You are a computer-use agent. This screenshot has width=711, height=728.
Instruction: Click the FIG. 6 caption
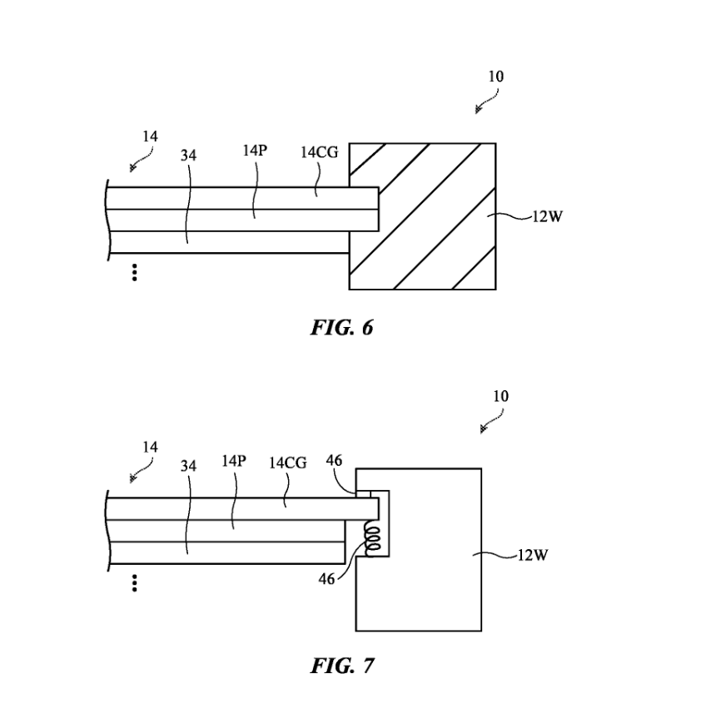tap(341, 328)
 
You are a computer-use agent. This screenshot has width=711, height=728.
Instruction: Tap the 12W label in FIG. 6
tap(546, 218)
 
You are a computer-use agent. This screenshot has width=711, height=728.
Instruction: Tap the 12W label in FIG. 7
tap(533, 555)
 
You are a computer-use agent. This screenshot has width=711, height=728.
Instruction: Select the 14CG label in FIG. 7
tap(287, 463)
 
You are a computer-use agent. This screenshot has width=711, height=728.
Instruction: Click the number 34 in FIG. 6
tap(188, 156)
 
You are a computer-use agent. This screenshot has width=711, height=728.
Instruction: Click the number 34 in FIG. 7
tap(189, 466)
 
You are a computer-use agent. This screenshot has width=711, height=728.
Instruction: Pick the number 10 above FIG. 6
tap(495, 77)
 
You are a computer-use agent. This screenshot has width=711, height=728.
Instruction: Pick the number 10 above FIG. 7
tap(500, 396)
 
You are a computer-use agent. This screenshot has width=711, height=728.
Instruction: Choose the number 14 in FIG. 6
tap(150, 136)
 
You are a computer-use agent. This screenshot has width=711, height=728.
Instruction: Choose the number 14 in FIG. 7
tap(150, 448)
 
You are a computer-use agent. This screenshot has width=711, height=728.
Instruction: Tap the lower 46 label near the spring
tap(327, 578)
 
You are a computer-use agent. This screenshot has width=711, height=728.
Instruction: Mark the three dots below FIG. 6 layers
tap(134, 273)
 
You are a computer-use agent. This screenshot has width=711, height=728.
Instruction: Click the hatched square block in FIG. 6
tap(422, 216)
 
